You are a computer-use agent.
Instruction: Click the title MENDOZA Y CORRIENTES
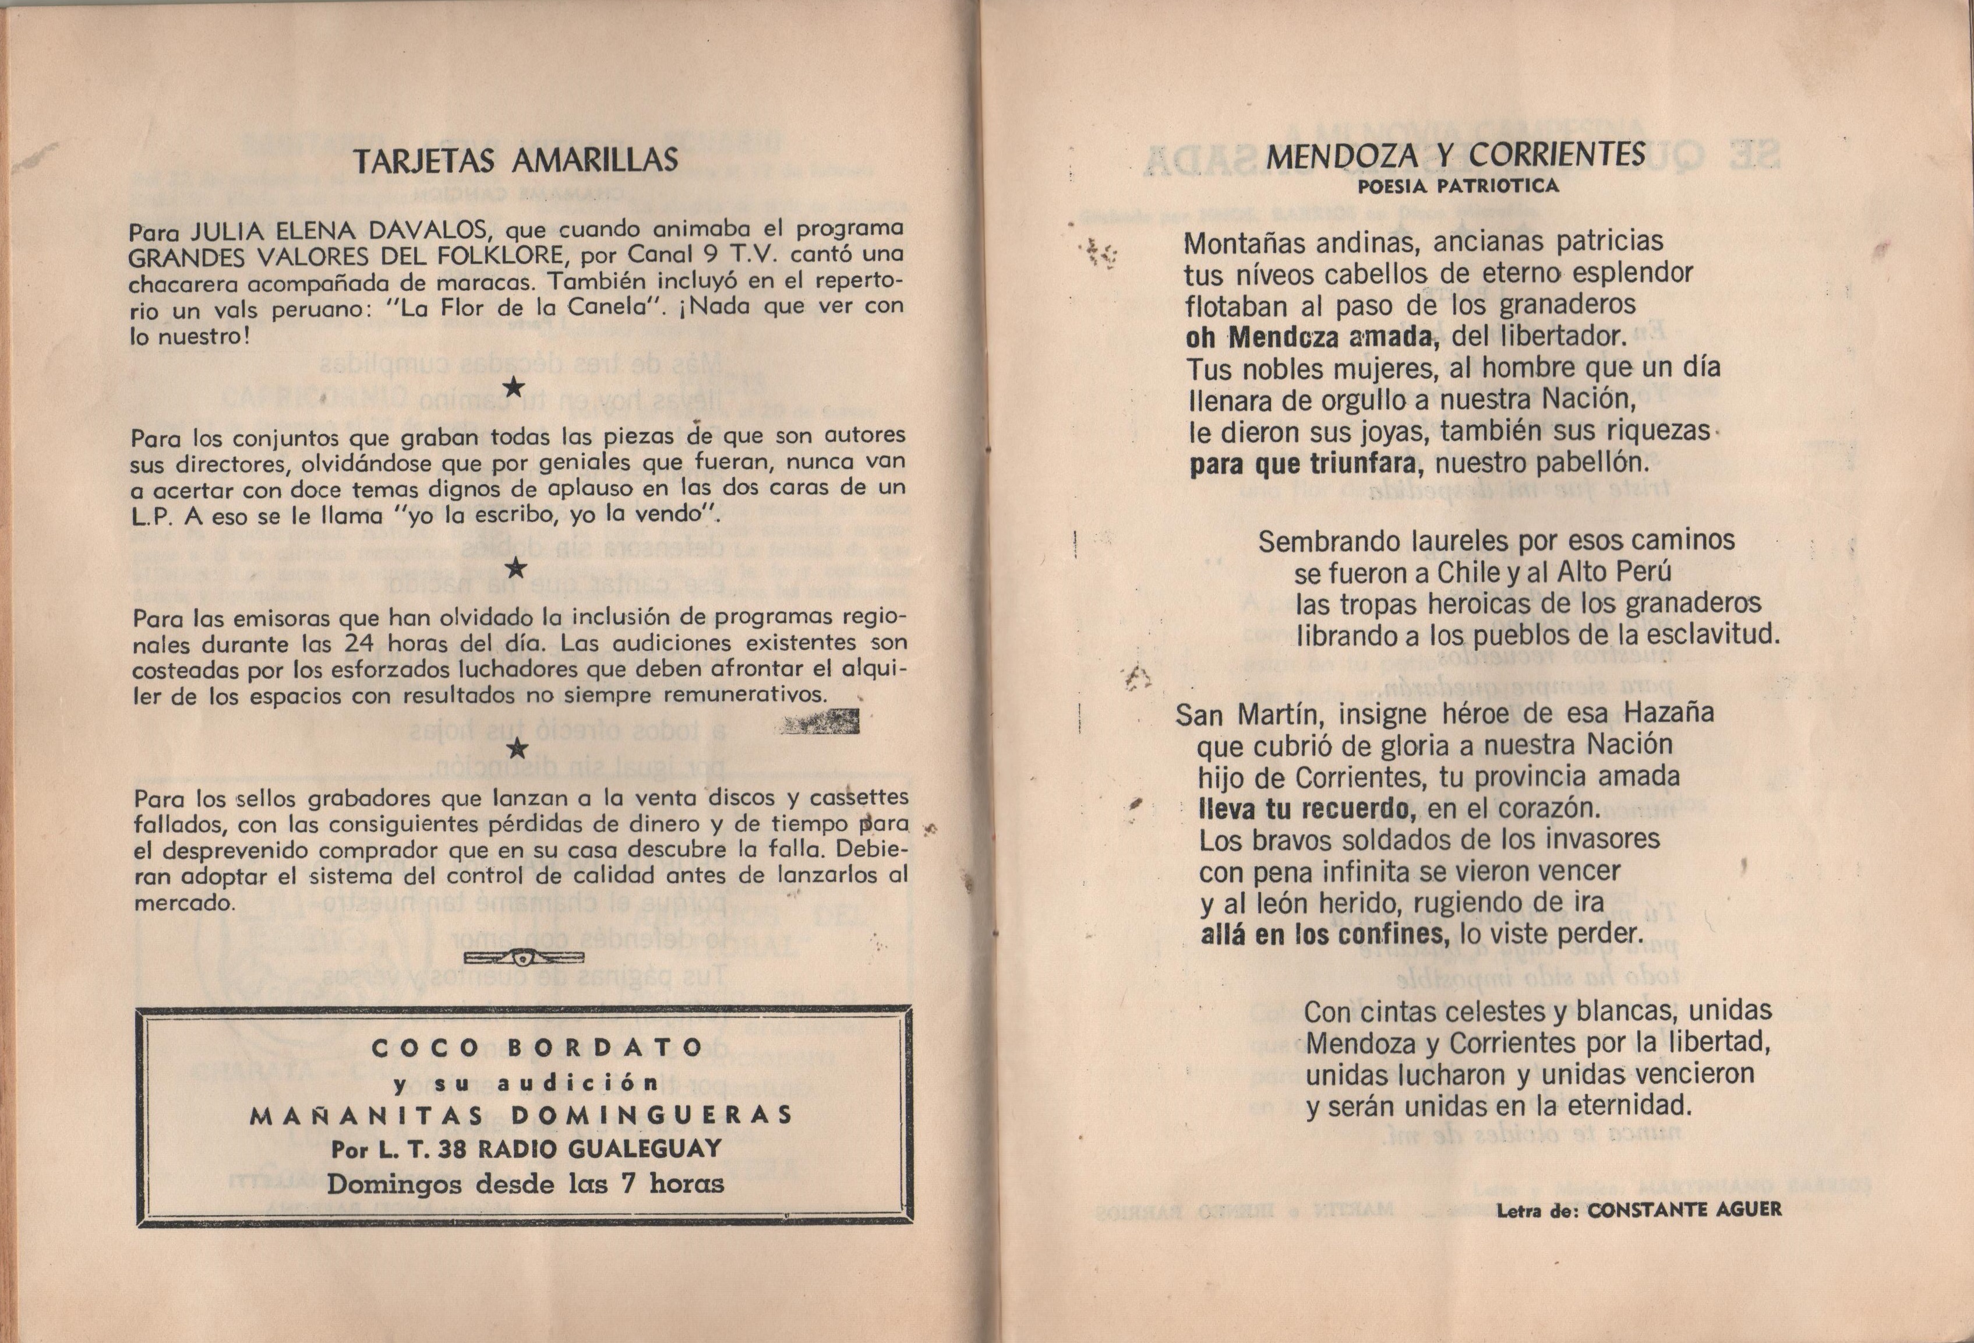1456,156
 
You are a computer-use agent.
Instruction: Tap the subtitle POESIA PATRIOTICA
1457,186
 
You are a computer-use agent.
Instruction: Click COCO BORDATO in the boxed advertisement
537,1048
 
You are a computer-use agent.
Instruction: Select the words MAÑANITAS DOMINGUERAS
521,1115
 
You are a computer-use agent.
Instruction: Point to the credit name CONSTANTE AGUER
1685,1211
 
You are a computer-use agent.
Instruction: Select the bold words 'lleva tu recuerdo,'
1307,809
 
